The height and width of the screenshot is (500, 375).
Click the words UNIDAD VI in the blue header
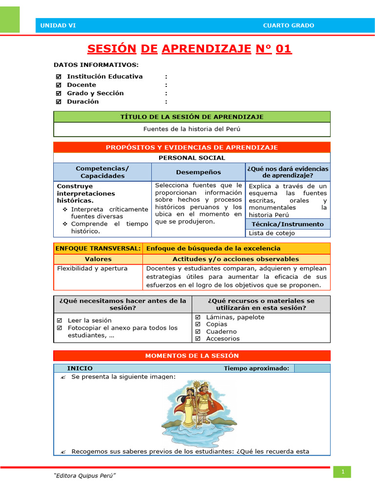(58, 26)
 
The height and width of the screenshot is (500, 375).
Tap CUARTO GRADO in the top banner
(288, 26)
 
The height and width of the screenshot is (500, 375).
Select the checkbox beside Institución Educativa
(59, 77)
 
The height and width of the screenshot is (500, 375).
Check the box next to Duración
(59, 102)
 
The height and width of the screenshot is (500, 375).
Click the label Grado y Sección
(95, 93)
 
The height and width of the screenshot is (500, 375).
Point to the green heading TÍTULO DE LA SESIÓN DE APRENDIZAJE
(191, 117)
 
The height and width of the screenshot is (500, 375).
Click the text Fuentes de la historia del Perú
(191, 129)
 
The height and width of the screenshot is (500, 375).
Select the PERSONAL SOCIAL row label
(191, 158)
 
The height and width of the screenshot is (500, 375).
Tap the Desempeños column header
(198, 172)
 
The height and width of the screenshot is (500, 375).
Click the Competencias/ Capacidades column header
(103, 172)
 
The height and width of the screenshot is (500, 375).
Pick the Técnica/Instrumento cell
(288, 224)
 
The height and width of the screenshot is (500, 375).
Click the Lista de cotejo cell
(272, 233)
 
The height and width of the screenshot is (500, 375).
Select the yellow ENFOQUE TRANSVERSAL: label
(98, 249)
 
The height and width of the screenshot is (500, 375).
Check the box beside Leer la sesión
(59, 321)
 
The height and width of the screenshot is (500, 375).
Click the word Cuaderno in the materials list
(221, 332)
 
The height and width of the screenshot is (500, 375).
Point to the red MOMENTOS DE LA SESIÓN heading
(191, 356)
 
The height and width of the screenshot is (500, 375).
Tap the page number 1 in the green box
(343, 472)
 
